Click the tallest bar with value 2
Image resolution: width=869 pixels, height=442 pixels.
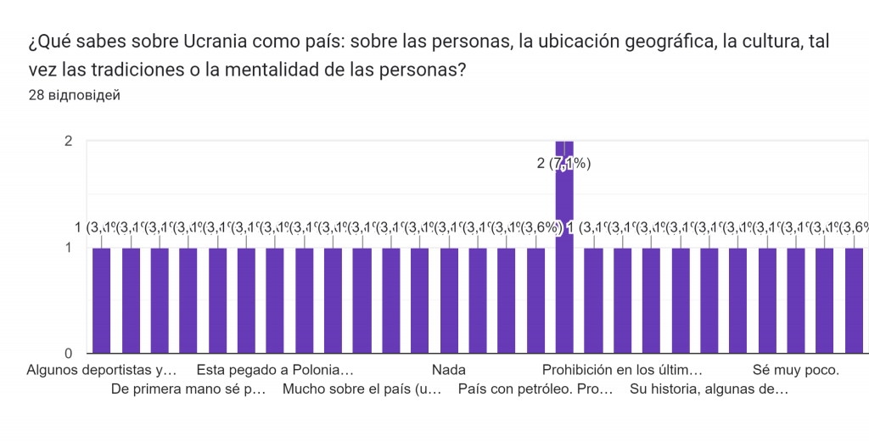click(x=564, y=255)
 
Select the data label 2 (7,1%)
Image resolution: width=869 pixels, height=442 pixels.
click(x=563, y=164)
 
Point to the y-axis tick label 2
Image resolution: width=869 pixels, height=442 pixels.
click(x=67, y=141)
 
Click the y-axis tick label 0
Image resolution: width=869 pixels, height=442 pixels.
click(x=67, y=353)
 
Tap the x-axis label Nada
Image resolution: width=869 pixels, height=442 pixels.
click(x=449, y=370)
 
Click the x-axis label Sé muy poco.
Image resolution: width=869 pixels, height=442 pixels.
click(x=796, y=370)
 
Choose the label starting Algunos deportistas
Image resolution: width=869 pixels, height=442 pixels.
click(x=102, y=370)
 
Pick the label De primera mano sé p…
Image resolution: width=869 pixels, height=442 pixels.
click(x=188, y=390)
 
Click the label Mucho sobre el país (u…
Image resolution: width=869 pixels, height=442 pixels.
click(x=362, y=390)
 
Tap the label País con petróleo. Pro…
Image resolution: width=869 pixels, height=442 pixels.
click(x=535, y=390)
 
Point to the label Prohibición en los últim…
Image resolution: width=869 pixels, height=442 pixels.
click(x=622, y=370)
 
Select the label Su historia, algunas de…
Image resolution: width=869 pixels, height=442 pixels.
click(x=709, y=390)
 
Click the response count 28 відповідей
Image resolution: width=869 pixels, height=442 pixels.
click(x=74, y=95)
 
